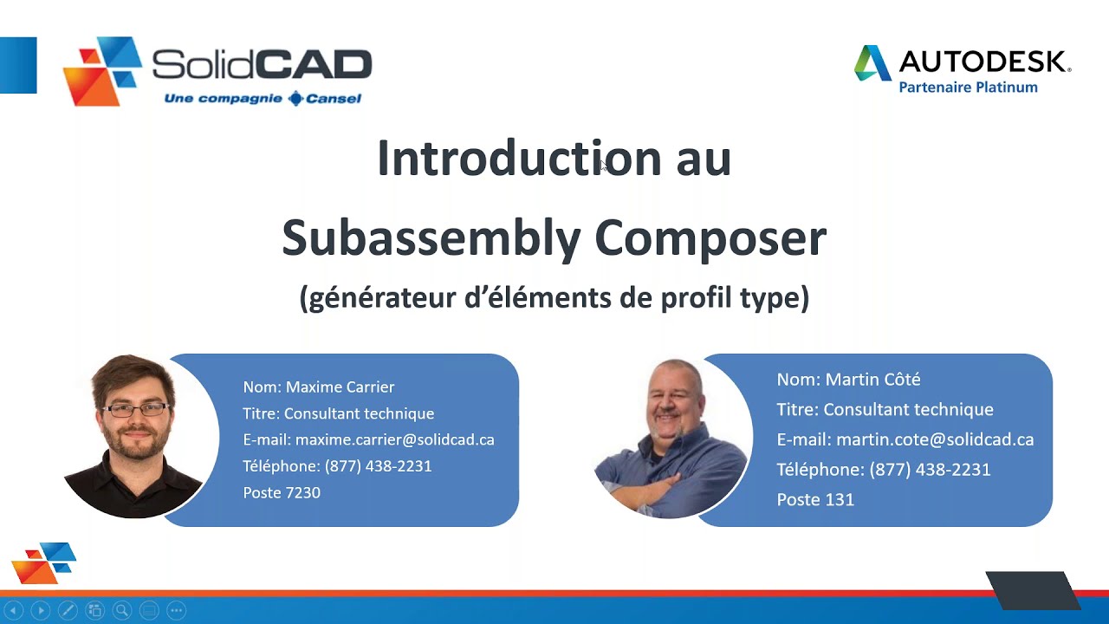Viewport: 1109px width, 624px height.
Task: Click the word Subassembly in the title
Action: click(x=431, y=237)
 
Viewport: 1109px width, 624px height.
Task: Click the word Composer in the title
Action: click(x=710, y=237)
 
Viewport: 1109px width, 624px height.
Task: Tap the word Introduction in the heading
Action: click(x=519, y=159)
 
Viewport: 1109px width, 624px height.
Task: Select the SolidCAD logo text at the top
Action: click(x=262, y=64)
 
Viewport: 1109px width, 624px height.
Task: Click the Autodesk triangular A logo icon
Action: click(x=872, y=63)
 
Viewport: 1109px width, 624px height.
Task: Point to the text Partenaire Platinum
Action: click(x=968, y=87)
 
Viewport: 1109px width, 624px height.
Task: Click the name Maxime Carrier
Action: click(x=340, y=387)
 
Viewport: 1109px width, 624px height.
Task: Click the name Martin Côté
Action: click(x=872, y=379)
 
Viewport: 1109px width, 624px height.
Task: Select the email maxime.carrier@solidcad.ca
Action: click(x=394, y=439)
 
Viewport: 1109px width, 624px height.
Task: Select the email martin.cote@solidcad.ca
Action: click(x=934, y=439)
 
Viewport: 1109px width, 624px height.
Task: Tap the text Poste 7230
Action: click(x=282, y=492)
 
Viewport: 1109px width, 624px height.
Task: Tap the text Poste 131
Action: click(x=815, y=499)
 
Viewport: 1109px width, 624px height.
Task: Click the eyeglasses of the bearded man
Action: click(x=137, y=409)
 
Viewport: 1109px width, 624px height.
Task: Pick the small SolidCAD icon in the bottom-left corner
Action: click(x=44, y=562)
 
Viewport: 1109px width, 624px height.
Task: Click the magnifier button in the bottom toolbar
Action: click(x=121, y=610)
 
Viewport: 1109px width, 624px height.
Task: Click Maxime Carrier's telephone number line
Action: click(x=337, y=465)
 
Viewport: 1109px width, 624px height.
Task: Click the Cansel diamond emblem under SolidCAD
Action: click(x=296, y=99)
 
